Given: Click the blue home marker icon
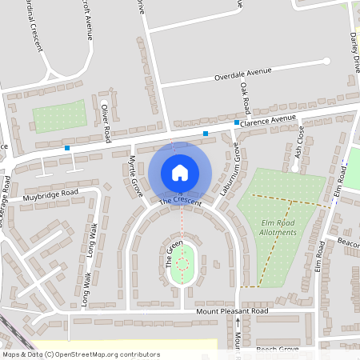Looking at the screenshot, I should tap(180, 173).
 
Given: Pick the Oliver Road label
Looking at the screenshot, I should tap(105, 123).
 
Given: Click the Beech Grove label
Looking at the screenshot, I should tap(277, 350).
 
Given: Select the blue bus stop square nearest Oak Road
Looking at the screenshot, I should tap(237, 122).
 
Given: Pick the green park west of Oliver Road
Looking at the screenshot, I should tap(59, 116).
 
